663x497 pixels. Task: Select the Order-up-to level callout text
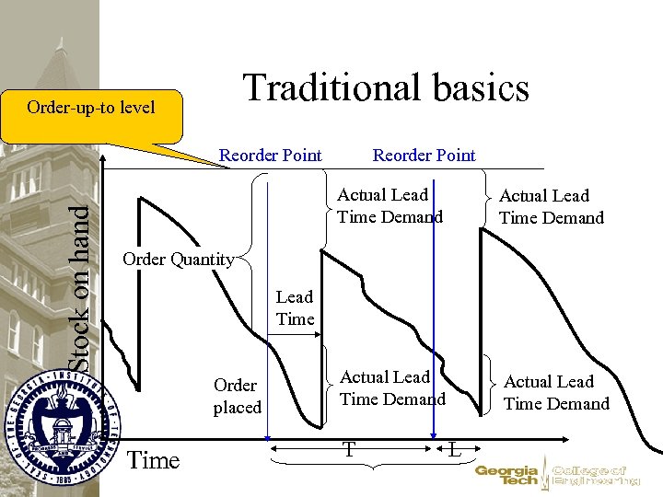[91, 108]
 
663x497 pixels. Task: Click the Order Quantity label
[178, 259]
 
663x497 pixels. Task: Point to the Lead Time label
[295, 308]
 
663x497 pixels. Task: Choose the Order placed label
[237, 396]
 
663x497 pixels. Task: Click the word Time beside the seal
[153, 460]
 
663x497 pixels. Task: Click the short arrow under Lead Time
[297, 335]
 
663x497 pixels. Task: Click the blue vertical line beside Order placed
[267, 304]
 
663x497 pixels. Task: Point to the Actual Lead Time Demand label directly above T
[392, 388]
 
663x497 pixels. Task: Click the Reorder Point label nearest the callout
[270, 156]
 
